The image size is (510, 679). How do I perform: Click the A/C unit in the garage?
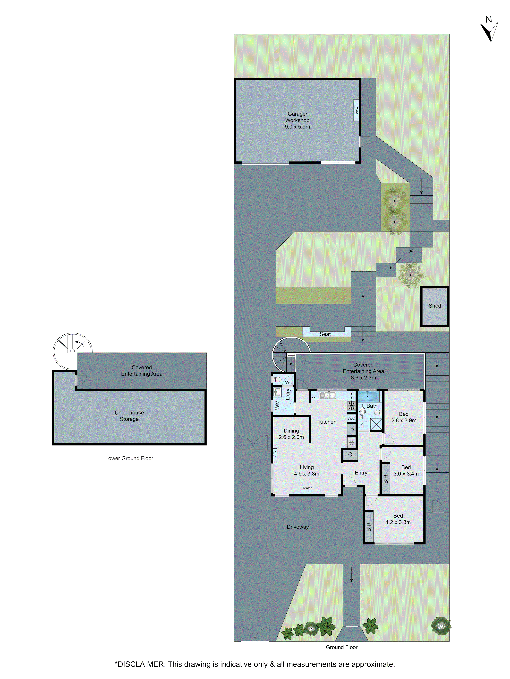coord(356,110)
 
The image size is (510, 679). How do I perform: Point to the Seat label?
coord(325,334)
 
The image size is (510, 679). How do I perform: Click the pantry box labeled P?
coord(352,430)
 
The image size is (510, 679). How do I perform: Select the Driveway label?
coord(297,527)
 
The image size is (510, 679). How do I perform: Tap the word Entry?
coord(361,473)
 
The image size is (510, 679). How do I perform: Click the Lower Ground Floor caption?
coord(129,458)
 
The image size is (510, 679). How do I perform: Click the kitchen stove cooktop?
coord(351,406)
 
